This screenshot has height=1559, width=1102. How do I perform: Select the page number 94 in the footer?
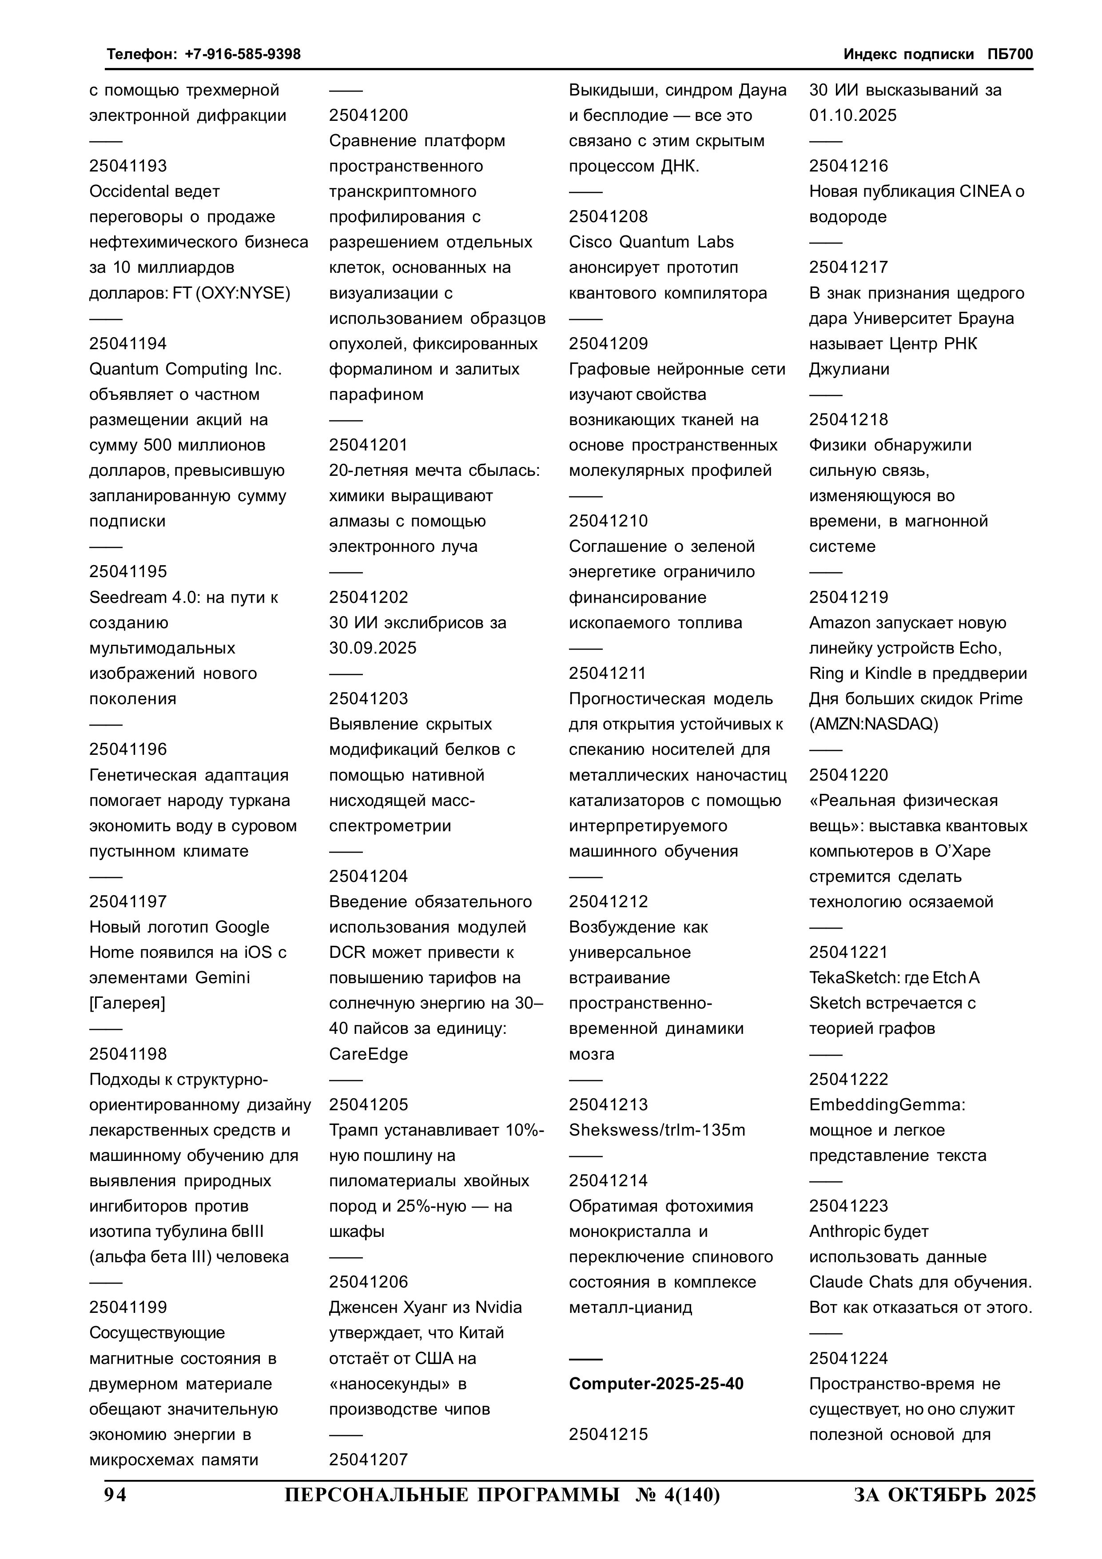click(115, 1495)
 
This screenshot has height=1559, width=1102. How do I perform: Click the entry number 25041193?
click(127, 166)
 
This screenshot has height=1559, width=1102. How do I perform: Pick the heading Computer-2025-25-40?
click(656, 1383)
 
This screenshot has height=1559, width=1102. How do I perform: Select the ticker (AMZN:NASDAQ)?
click(873, 724)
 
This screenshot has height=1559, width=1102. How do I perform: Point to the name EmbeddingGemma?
click(886, 1105)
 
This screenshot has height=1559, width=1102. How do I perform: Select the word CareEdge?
click(368, 1054)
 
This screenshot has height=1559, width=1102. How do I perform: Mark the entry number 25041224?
click(848, 1358)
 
